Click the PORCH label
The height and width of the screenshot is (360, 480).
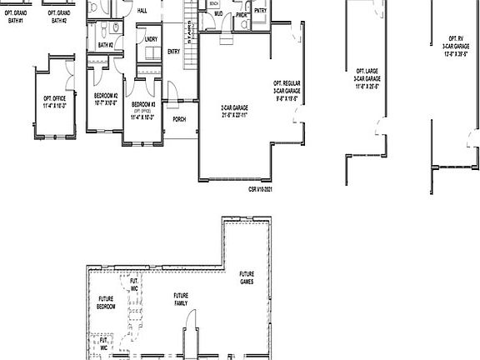tap(179, 119)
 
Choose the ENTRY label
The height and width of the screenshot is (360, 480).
tap(173, 52)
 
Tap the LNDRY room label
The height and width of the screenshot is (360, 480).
tap(151, 39)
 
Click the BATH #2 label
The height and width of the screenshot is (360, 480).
tap(105, 45)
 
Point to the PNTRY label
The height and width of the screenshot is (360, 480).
tap(260, 11)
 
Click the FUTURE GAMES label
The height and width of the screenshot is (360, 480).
tap(247, 277)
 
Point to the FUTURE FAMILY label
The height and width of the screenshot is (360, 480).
tap(181, 298)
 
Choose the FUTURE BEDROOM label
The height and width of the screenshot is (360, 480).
tap(106, 302)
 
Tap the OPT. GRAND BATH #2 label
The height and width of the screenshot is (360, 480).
tap(58, 17)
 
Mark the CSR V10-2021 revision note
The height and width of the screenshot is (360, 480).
tap(261, 189)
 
